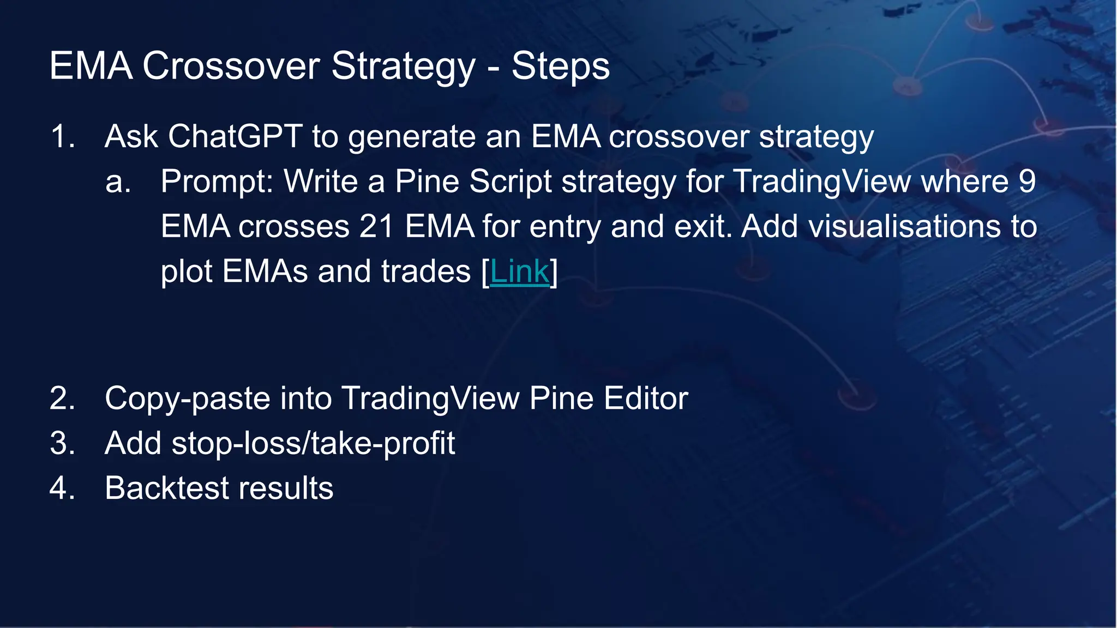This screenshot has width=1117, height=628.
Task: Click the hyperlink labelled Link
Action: [519, 271]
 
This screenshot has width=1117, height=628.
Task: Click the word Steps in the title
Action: [560, 67]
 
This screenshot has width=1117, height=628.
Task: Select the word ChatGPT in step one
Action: [235, 136]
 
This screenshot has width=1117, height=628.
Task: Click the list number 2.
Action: [62, 398]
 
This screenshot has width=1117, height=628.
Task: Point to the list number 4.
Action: [62, 488]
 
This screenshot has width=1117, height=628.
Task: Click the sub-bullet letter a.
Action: [117, 182]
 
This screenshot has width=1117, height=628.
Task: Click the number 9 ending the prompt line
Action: [1026, 182]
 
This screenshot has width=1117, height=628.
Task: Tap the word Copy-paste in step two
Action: [187, 399]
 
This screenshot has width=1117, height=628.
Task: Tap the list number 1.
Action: [62, 136]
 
